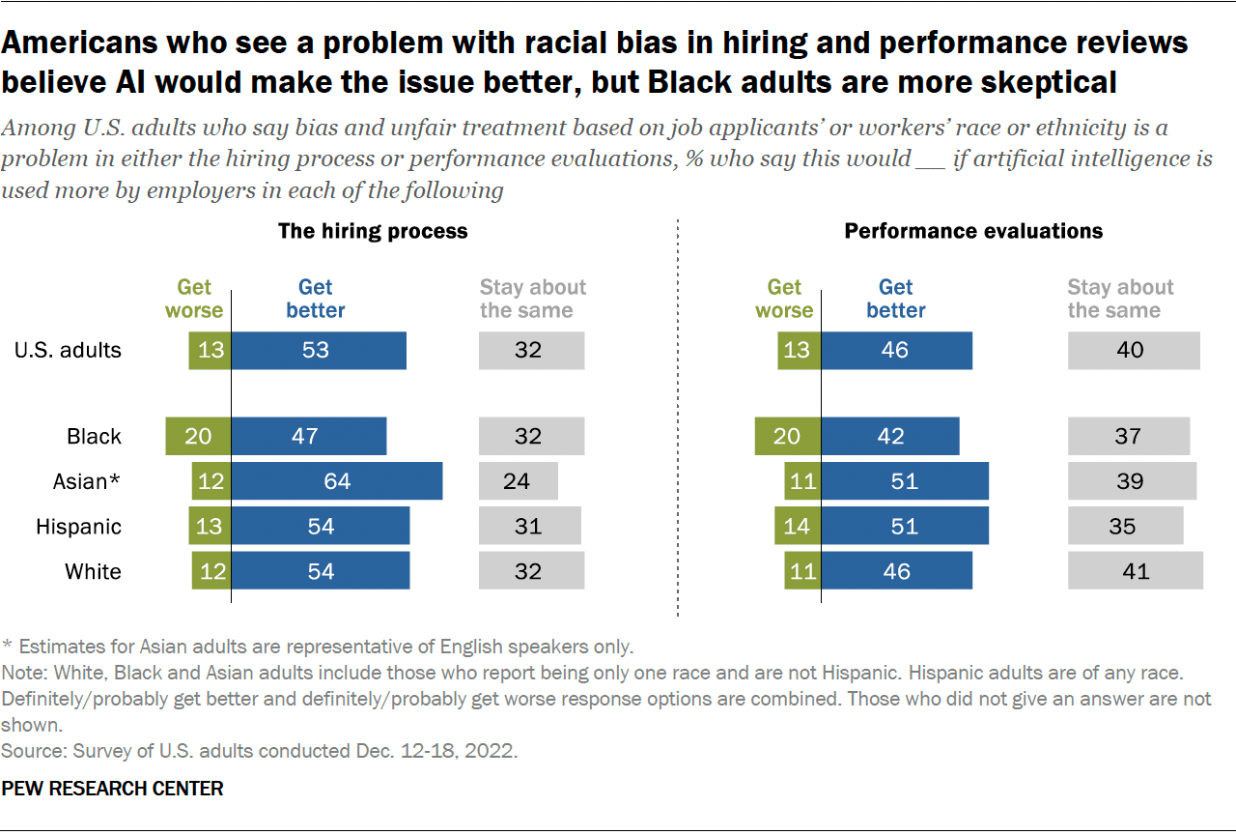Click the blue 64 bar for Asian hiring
[337, 481]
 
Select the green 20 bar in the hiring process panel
[198, 436]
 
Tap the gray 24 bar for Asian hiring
[518, 481]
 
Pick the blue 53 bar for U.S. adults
[319, 350]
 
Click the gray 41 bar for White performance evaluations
[1136, 571]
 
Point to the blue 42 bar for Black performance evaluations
[890, 436]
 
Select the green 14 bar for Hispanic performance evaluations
[798, 527]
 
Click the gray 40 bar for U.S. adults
[1134, 350]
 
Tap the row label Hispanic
[79, 527]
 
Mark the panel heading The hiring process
[373, 231]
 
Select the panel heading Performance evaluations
[973, 231]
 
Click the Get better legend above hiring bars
[316, 299]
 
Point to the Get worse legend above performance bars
[784, 299]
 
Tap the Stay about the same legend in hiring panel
[532, 299]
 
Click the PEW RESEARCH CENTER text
[112, 789]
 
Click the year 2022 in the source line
[494, 750]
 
